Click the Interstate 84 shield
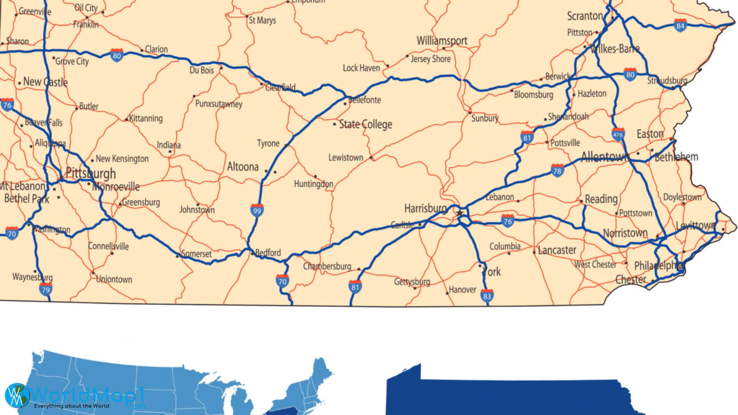(680, 26)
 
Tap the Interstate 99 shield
(257, 210)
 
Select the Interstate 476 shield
(618, 134)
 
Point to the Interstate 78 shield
(557, 171)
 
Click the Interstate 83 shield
(487, 295)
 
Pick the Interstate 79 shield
(45, 289)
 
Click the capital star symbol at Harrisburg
(460, 212)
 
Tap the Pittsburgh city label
(91, 173)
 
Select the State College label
(366, 124)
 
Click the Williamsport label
(442, 41)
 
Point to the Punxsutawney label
(219, 104)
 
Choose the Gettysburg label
(412, 282)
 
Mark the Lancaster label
(557, 251)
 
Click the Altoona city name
(243, 167)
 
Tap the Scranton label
(585, 16)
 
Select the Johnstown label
(197, 210)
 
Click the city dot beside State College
(334, 124)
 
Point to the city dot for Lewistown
(371, 158)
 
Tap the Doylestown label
(682, 197)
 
